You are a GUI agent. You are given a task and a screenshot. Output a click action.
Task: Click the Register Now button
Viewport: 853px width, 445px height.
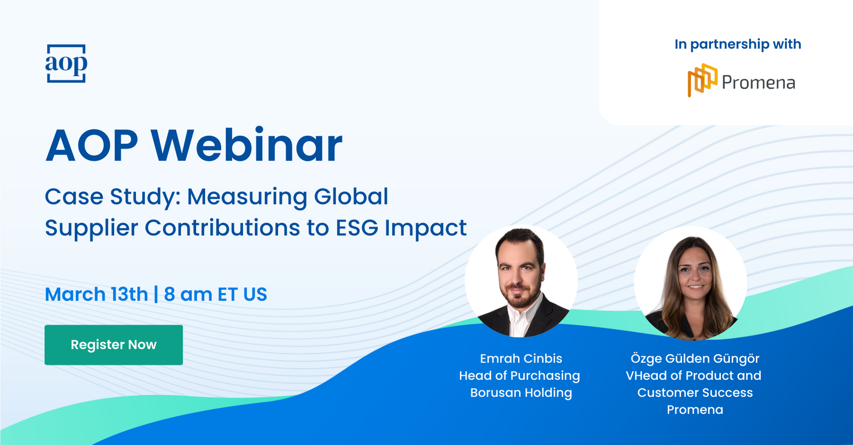point(114,345)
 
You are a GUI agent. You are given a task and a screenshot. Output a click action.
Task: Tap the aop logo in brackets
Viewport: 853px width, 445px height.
point(66,63)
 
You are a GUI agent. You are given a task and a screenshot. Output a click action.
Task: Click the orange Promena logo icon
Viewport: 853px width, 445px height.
point(702,80)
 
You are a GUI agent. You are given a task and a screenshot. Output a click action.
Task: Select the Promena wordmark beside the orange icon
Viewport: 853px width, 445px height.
point(758,83)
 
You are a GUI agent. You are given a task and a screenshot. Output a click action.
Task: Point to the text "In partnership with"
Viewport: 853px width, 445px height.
point(738,44)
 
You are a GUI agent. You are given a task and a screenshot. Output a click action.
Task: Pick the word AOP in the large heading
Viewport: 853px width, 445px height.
point(92,145)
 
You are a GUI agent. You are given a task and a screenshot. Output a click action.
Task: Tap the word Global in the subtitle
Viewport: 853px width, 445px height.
point(351,196)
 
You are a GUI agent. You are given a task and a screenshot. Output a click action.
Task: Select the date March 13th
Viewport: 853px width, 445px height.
point(97,294)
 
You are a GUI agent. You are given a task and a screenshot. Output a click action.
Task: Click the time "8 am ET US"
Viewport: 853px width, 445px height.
point(216,294)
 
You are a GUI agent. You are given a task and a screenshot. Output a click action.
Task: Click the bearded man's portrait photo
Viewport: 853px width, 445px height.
point(521,281)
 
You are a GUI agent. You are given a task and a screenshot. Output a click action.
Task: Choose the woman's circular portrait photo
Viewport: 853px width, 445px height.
point(690,283)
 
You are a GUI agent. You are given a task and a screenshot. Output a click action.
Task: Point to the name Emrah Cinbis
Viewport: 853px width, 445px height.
point(521,358)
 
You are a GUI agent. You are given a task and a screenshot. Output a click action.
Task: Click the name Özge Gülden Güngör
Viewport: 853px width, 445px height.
point(695,358)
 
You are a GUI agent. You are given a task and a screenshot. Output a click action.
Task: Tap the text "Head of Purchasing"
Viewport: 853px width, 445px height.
point(519,376)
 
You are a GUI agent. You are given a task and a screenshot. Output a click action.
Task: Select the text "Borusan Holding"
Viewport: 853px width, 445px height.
point(521,393)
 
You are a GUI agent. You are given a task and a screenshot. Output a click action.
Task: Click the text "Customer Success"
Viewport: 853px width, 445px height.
point(695,392)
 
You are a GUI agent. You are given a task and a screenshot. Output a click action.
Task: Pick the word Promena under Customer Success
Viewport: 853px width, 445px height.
point(695,409)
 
